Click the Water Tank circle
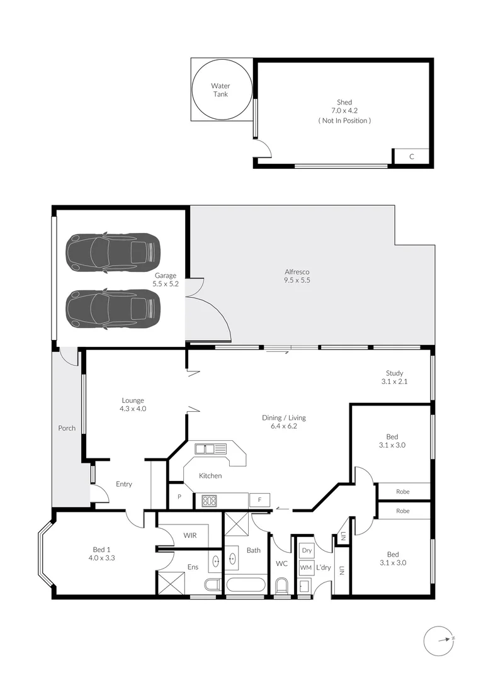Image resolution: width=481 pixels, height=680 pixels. click(221, 89)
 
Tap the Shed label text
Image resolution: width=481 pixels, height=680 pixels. click(344, 102)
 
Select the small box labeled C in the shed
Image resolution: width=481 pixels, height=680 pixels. click(411, 157)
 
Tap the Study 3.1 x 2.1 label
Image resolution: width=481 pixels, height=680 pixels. click(394, 377)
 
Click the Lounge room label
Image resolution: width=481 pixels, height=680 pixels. click(133, 404)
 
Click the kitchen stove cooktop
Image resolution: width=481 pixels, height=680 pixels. click(209, 501)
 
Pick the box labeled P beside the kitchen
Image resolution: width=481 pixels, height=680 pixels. click(179, 497)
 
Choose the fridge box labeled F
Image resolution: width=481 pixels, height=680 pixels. click(259, 501)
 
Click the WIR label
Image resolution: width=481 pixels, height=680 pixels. click(191, 535)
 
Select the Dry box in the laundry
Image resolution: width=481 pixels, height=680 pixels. click(307, 550)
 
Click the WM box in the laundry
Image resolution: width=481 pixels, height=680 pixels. click(306, 567)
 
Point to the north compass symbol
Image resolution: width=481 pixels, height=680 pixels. click(438, 641)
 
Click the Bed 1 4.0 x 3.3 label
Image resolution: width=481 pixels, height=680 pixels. click(101, 553)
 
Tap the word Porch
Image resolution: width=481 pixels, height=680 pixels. click(67, 428)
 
